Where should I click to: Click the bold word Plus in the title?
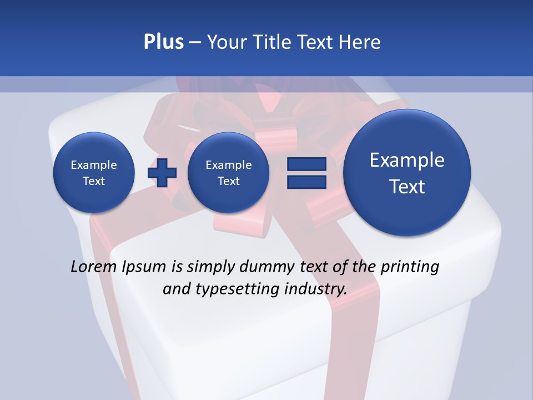click(163, 42)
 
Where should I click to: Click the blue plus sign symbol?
click(162, 173)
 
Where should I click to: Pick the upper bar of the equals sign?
click(306, 164)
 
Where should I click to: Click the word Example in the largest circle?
click(407, 160)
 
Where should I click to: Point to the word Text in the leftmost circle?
click(94, 181)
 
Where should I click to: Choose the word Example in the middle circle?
click(228, 165)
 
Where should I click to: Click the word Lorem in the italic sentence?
click(94, 267)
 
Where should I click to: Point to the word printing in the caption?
click(409, 267)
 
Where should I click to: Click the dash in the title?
click(195, 42)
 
